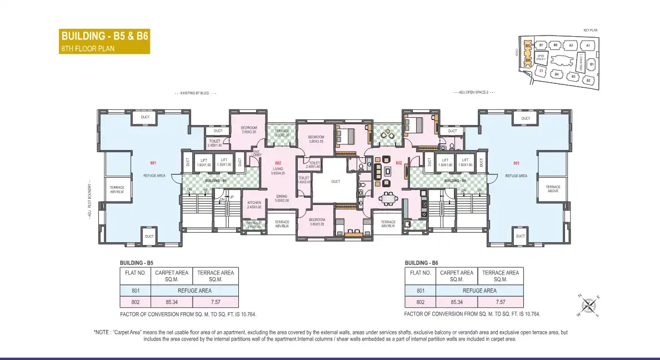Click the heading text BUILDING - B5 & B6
pos(104,37)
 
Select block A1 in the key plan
pos(588,46)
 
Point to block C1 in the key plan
pos(541,71)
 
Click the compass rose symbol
pos(589,305)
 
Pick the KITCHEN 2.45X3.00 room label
pos(254,204)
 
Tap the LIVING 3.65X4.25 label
pos(278,170)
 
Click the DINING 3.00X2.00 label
pos(282,198)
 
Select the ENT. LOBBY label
pos(256,153)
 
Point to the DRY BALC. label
pos(253,224)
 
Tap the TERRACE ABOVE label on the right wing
pos(553,189)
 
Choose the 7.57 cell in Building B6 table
pos(500,302)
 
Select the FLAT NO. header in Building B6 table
pos(420,273)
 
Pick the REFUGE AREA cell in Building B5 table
pos(194,290)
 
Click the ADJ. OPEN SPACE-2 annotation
pos(473,92)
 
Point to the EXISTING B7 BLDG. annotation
pos(195,93)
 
